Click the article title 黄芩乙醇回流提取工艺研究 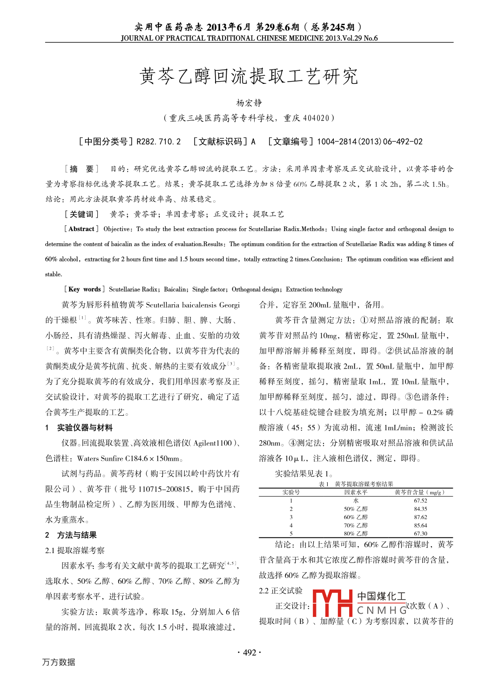pyautogui.click(x=249, y=76)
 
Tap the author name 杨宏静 pyautogui.click(x=249, y=103)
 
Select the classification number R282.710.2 pyautogui.click(x=158, y=142)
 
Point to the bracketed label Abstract pyautogui.click(x=81, y=229)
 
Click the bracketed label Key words pyautogui.click(x=84, y=289)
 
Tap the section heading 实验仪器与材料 pyautogui.click(x=85, y=428)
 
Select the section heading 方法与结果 pyautogui.click(x=77, y=535)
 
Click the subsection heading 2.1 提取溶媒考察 pyautogui.click(x=75, y=550)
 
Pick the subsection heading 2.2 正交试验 pyautogui.click(x=281, y=591)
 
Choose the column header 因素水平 pyautogui.click(x=356, y=492)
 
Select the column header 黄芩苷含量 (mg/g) pyautogui.click(x=419, y=492)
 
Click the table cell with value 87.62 pyautogui.click(x=420, y=517)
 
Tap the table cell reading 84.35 pyautogui.click(x=420, y=509)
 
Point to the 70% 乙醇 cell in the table pyautogui.click(x=356, y=526)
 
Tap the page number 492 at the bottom pyautogui.click(x=249, y=652)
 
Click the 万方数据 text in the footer pyautogui.click(x=59, y=662)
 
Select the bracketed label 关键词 pyautogui.click(x=81, y=214)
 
